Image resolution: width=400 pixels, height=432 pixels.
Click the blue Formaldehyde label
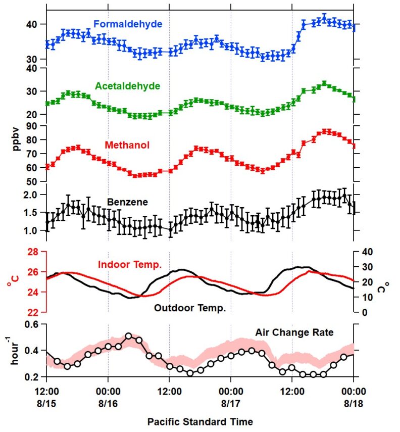pos(127,24)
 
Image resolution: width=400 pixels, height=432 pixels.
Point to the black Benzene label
pos(127,202)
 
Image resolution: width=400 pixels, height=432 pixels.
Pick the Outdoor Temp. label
pos(189,307)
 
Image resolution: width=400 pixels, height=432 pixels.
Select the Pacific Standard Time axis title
pos(200,421)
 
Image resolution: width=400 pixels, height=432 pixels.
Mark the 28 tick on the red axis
pos(32,252)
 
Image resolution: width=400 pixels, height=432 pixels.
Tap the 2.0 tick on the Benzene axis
pos(31,195)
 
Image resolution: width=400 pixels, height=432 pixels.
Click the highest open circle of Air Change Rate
pos(128,336)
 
